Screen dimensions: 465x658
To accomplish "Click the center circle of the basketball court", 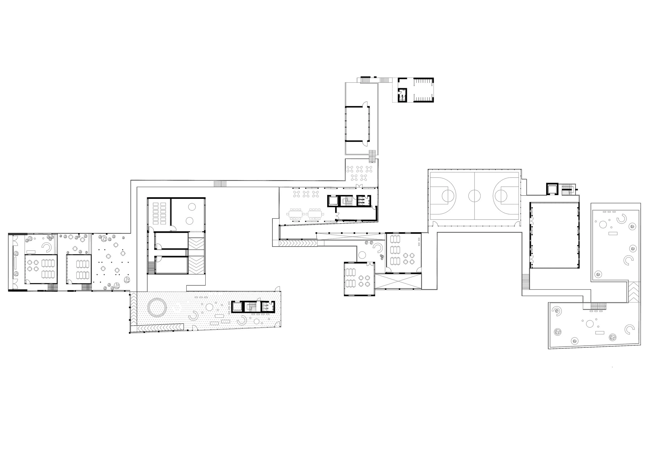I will [x=474, y=196].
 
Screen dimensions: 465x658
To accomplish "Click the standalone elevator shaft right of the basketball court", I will [x=552, y=189].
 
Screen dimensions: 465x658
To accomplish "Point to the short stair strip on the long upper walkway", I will [x=220, y=184].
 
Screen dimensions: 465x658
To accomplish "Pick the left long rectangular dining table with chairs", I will [x=296, y=214].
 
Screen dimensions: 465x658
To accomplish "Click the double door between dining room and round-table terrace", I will [x=359, y=186].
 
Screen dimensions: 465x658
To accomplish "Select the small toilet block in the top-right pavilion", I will [x=402, y=95].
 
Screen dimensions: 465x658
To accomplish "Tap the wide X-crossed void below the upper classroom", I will [x=398, y=281].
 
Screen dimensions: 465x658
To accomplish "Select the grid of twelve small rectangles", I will [x=159, y=214].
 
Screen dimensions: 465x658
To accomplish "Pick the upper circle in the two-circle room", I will [x=192, y=206].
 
